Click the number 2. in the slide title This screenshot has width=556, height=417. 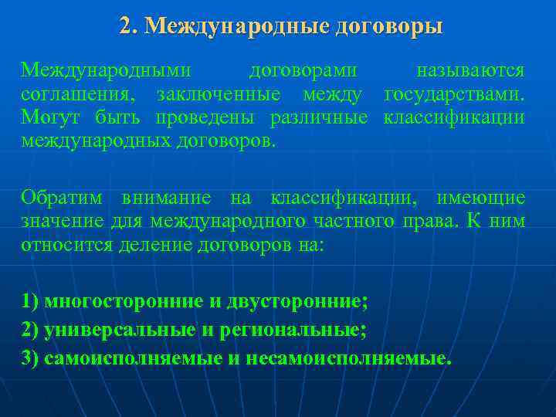(x=128, y=26)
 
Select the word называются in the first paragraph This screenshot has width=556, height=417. (x=470, y=71)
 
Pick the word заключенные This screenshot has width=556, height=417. (x=218, y=95)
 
